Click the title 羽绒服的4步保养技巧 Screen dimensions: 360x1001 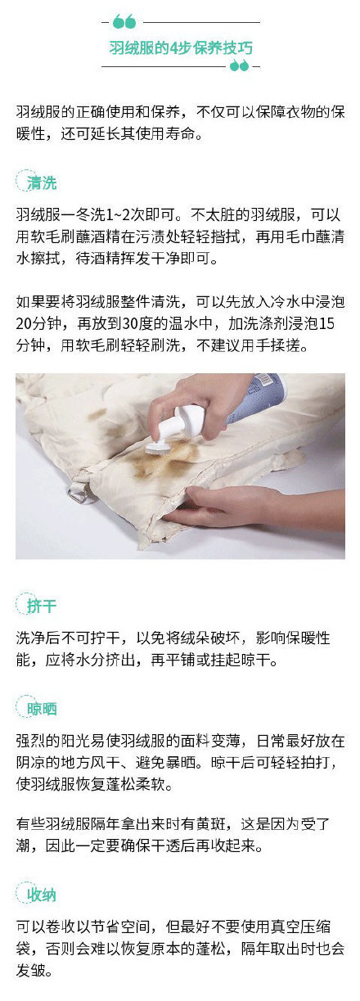point(181,47)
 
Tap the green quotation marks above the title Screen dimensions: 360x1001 point(124,21)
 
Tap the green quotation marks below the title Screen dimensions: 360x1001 point(239,66)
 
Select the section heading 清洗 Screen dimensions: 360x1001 point(41,183)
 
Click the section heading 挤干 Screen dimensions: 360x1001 point(41,606)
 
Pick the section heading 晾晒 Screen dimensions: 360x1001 point(42,709)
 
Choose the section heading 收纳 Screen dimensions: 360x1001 point(41,895)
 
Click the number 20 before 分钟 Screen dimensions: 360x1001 point(23,323)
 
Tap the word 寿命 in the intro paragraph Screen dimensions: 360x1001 point(180,133)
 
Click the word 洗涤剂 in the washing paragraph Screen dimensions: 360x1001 point(266,323)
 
